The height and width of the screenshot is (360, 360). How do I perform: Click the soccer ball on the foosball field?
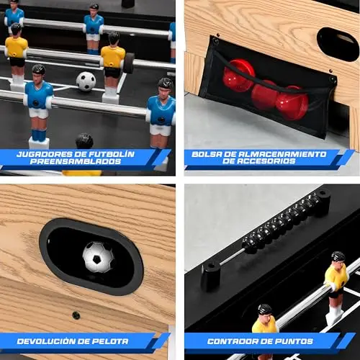(x=86, y=81)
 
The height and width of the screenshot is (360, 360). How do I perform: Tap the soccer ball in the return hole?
(x=98, y=257)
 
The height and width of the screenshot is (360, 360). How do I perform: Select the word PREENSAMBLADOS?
(x=76, y=161)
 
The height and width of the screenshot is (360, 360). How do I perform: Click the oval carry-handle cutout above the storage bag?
(x=338, y=44)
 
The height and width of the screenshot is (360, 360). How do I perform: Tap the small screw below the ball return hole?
(x=76, y=315)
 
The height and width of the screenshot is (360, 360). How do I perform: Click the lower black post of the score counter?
(x=211, y=276)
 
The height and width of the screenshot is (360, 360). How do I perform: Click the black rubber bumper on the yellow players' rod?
(x=129, y=63)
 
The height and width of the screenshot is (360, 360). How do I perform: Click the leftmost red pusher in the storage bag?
(x=239, y=75)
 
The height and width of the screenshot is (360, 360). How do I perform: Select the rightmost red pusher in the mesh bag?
(x=292, y=102)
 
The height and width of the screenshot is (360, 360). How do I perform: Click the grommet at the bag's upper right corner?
(x=333, y=78)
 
